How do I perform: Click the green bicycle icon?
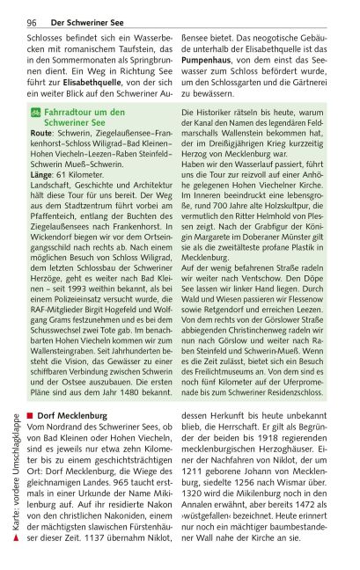click(35, 113)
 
